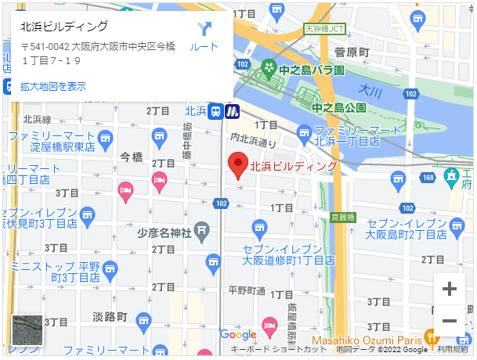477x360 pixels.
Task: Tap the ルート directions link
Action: tap(204, 37)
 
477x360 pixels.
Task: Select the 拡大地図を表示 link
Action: tap(53, 86)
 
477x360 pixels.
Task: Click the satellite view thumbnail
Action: tap(27, 330)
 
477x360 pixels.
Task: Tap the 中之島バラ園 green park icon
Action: tap(269, 69)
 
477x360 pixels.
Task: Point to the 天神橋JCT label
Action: tap(324, 29)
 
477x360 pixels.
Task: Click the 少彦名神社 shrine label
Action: tap(164, 232)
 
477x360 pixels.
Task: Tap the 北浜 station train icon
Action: tap(215, 111)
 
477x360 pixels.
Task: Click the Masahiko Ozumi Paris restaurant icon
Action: tap(430, 338)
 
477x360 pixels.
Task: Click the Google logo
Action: tap(237, 334)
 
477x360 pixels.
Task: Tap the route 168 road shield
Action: tap(428, 178)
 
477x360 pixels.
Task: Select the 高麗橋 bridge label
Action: tap(342, 217)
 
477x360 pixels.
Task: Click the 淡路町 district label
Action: tap(110, 317)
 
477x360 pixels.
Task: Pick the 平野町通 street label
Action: tap(246, 290)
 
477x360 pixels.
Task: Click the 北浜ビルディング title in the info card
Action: tap(64, 26)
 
